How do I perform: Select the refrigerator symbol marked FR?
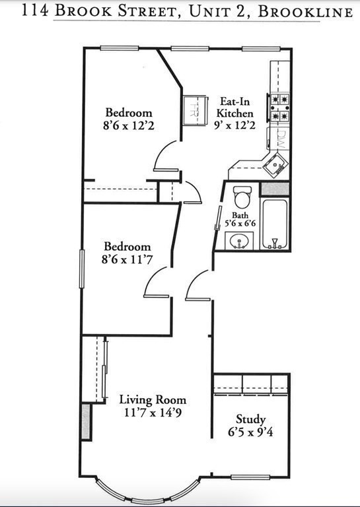194,107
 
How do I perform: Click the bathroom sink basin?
238,242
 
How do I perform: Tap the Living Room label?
153,399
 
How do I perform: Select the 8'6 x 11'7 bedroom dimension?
127,260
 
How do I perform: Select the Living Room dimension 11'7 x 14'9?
153,413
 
